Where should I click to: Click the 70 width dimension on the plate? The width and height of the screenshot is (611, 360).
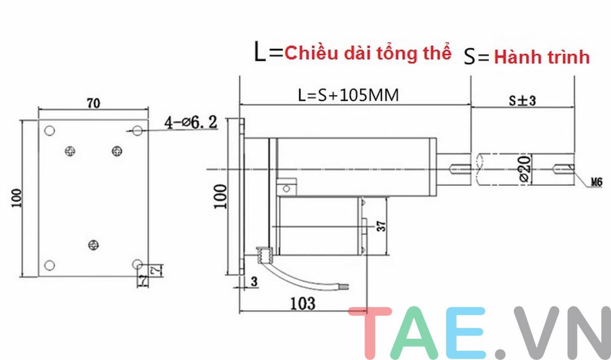93,103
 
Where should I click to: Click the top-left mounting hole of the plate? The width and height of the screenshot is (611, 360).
49,130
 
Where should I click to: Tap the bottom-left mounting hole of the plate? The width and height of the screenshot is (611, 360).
49,265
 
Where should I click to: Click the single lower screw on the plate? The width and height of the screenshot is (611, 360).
92,245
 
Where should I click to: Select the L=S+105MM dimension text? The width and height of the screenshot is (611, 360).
348,95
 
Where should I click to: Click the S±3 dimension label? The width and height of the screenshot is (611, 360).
522,100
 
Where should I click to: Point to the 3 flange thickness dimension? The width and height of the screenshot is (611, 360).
254,281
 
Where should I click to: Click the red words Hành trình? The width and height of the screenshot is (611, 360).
542,58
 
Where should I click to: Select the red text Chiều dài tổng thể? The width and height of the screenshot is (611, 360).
368,53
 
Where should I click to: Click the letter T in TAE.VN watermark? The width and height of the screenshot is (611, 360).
370,334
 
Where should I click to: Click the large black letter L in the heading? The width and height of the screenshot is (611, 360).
260,53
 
